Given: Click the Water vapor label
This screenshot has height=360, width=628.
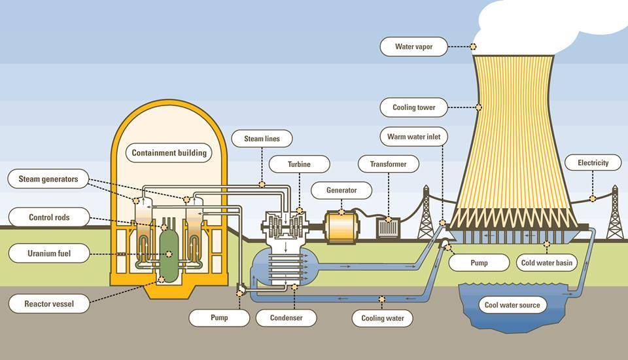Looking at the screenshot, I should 413,46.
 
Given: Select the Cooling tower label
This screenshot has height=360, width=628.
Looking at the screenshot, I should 413,107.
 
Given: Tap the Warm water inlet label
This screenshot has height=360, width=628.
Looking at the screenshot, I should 413,137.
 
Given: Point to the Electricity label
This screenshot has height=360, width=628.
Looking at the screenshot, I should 593,162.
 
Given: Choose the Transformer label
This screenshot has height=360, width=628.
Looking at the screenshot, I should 388,164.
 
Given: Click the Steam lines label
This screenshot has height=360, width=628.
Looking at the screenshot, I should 262,139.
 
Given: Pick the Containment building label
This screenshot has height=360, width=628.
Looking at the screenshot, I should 169,153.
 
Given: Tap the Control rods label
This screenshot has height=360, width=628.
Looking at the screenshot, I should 48,217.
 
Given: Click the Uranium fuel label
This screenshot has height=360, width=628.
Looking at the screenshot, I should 48,253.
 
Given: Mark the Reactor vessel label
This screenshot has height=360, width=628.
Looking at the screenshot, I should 48,304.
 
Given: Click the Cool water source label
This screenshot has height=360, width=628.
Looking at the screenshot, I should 512,305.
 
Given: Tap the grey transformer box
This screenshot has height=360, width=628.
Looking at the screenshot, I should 388,228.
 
